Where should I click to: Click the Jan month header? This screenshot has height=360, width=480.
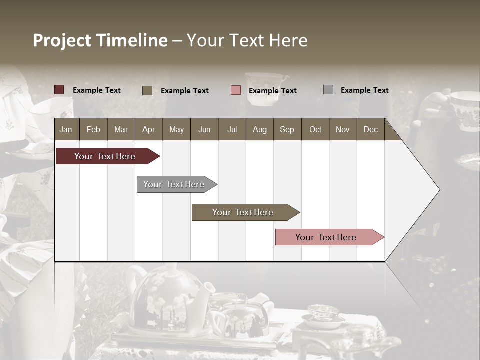click(66, 129)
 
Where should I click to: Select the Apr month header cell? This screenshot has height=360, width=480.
click(149, 129)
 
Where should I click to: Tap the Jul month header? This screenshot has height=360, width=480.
click(232, 129)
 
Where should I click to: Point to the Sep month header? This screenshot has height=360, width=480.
click(287, 129)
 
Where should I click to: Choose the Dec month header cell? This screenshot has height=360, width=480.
click(370, 129)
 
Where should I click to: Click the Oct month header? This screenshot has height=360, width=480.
click(315, 129)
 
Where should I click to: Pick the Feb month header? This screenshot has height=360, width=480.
click(93, 129)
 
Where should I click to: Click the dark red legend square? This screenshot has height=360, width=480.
click(59, 90)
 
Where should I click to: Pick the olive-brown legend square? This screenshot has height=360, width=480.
click(147, 90)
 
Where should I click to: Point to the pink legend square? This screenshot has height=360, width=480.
click(236, 90)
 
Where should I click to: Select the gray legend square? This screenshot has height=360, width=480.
click(328, 90)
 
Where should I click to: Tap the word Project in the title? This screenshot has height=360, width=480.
click(62, 40)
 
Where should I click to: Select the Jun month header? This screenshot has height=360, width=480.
click(204, 129)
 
